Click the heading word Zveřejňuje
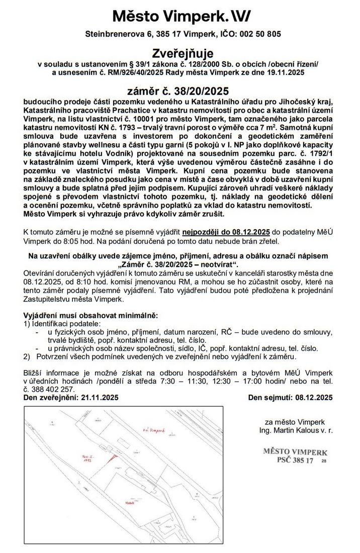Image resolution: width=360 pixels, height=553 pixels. pos(179,54)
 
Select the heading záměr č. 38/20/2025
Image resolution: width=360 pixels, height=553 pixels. pos(179,91)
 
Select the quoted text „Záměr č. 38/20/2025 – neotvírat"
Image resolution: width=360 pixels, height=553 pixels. pos(180,264)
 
